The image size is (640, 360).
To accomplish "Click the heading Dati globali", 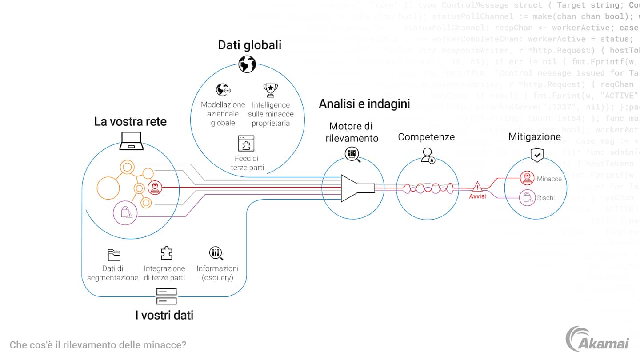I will [249, 45].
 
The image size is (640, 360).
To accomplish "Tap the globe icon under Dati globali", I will [247, 64].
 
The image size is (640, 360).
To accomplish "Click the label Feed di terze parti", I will [247, 163].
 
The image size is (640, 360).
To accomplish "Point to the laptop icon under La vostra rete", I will [131, 141].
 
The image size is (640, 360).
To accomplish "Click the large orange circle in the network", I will [108, 188].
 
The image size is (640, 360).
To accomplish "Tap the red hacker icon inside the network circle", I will [155, 188].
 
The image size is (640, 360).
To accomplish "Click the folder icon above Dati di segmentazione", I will [114, 255].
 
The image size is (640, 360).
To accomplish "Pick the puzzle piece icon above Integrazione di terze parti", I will [166, 253].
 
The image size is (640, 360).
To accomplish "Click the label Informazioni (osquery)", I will [217, 273].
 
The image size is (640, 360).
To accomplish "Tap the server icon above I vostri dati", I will [166, 296].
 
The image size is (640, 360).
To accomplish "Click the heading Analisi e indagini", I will [364, 104].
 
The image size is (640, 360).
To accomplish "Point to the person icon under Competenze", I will [428, 155].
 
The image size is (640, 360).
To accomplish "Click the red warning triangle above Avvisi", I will [477, 186].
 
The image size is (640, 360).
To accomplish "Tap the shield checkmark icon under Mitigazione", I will [537, 155].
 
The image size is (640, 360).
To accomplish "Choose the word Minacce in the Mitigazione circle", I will [549, 179].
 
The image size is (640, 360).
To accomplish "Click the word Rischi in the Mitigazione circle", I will [546, 198].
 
